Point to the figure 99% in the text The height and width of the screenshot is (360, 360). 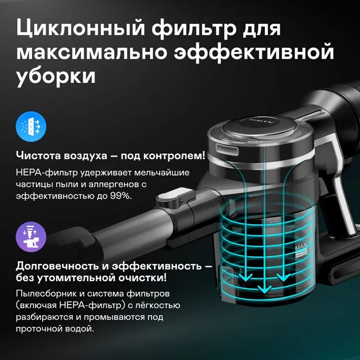coord(120,197)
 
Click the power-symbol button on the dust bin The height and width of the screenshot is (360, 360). coord(226,272)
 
